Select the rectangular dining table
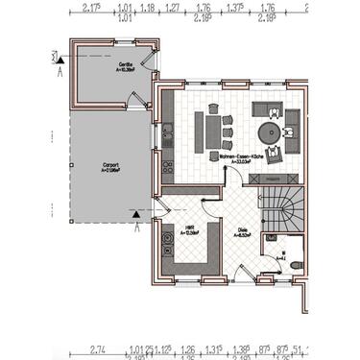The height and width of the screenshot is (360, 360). click(x=215, y=130)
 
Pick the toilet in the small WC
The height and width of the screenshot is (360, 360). click(x=295, y=264)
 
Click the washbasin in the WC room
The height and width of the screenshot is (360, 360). click(x=276, y=244)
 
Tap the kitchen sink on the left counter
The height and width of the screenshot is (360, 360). click(x=167, y=134)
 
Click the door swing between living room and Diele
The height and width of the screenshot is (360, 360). click(x=212, y=197)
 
